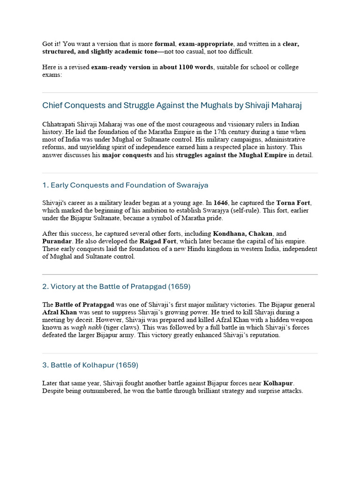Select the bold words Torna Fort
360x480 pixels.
pos(294,203)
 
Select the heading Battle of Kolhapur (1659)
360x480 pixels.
pos(90,365)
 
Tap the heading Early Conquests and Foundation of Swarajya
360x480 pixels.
pos(125,185)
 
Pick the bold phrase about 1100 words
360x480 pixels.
pos(186,67)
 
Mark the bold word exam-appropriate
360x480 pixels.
pos(202,44)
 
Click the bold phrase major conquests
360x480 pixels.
pos(127,155)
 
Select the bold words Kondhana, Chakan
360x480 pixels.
pos(243,233)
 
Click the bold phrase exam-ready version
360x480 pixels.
pos(120,67)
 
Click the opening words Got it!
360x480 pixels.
pos(52,44)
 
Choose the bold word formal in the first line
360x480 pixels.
pos(165,44)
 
